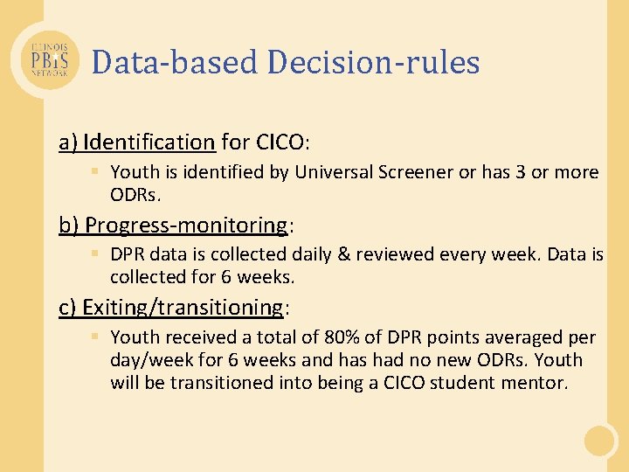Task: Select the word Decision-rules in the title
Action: tap(374, 62)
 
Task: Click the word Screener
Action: tap(413, 172)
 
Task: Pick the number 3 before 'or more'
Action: tap(520, 172)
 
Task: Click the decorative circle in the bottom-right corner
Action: tap(601, 441)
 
